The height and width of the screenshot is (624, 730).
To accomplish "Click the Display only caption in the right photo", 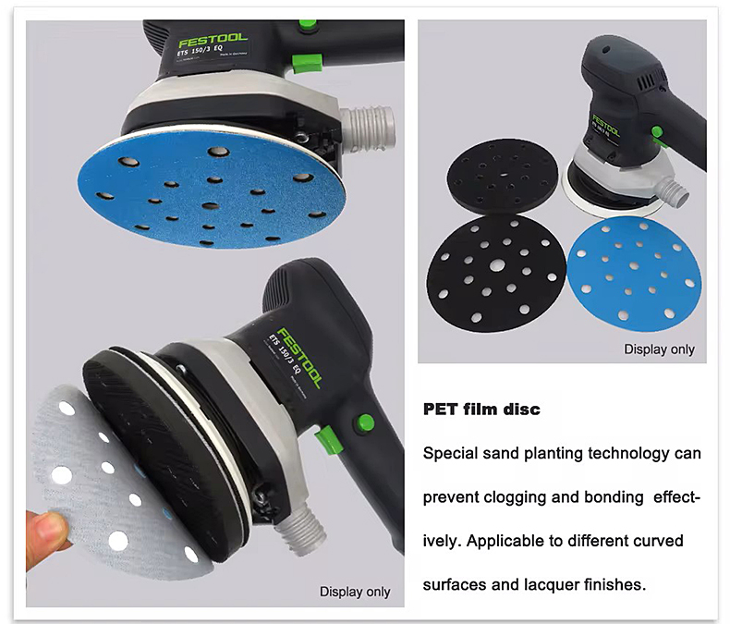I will (x=659, y=349).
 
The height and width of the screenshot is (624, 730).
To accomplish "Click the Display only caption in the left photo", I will (x=355, y=591).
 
